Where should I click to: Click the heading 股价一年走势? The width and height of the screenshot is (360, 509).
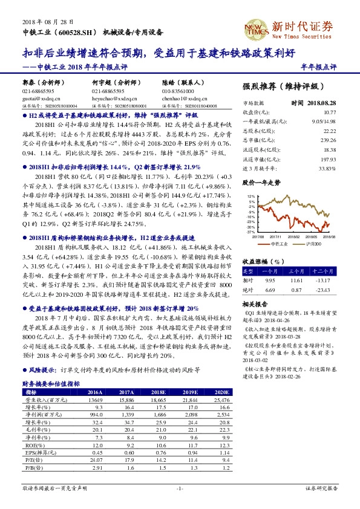(262, 181)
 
